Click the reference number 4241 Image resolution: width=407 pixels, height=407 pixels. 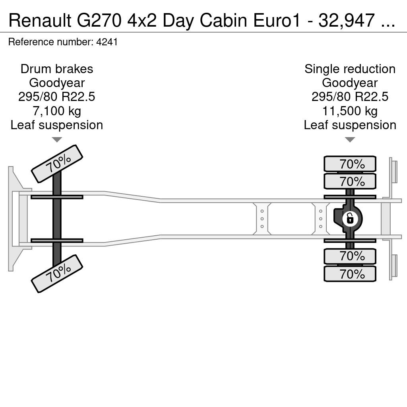pos(107,42)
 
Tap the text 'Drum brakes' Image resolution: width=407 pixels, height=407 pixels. pos(57,69)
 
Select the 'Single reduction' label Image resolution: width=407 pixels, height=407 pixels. pos(350,69)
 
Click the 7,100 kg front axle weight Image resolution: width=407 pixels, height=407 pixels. pos(57,111)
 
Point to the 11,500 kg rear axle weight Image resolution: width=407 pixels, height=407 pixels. pos(350,111)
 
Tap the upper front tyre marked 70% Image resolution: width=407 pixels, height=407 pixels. pos(57,164)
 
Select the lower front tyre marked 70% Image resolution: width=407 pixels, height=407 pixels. pos(57,273)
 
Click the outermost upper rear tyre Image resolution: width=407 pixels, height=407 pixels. pos(350,164)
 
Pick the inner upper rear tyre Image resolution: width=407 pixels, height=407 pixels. pos(350,181)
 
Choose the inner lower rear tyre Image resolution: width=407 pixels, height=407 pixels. pos(350,256)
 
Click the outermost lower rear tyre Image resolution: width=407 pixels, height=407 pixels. pos(350,273)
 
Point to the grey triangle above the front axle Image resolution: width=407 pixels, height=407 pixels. pos(57,140)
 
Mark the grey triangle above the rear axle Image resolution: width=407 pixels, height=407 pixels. pos(350,140)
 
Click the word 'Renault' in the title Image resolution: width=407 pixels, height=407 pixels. pos(40,21)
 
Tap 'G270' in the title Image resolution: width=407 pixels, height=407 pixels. pos(99,21)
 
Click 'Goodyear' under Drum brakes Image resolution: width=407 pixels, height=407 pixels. pos(57,83)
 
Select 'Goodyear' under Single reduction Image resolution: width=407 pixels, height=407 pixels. pos(350,83)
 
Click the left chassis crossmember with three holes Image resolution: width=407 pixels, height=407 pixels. pos(262,219)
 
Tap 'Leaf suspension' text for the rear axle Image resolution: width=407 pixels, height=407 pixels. pos(350,125)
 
